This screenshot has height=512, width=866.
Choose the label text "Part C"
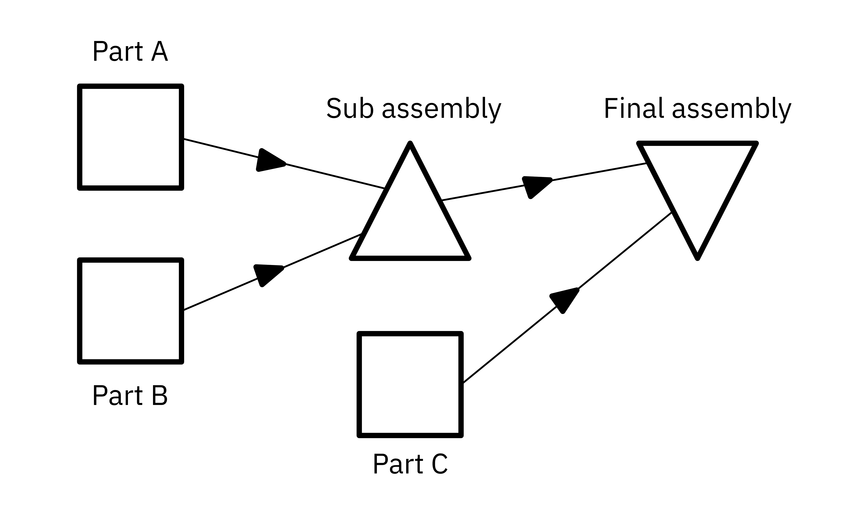pos(410,464)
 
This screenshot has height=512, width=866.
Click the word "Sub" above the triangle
pos(350,108)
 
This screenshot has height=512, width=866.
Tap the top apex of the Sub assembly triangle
pos(410,144)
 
